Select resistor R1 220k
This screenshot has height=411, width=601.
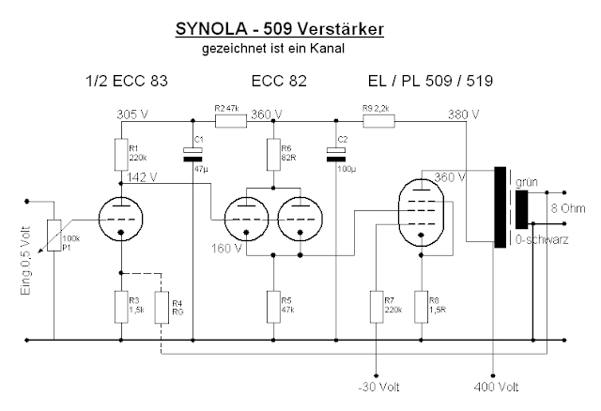click(x=121, y=153)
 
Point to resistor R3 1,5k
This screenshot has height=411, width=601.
click(x=121, y=306)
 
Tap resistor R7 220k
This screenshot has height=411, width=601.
click(x=377, y=306)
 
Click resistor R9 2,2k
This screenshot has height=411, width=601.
click(x=378, y=120)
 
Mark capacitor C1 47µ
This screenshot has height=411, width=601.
click(x=193, y=153)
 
